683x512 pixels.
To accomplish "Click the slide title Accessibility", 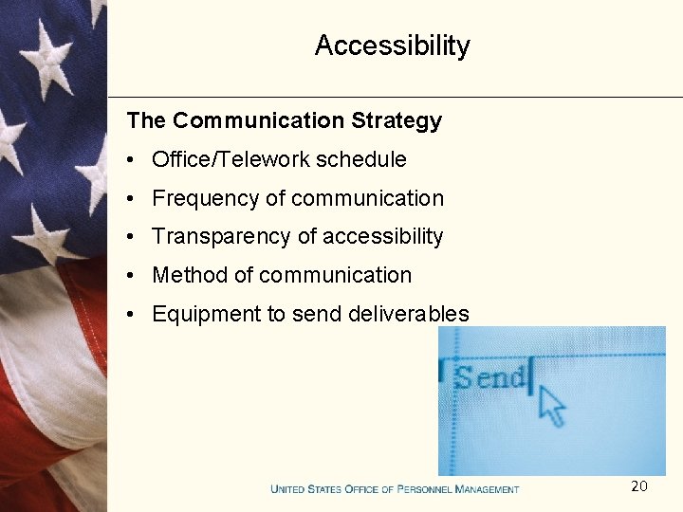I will coord(392,46).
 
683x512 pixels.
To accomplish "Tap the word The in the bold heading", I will coord(146,121).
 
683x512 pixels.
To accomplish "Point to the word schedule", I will coord(361,160).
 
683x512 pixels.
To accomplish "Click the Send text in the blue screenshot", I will coord(489,377).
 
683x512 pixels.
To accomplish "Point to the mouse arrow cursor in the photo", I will coord(549,405).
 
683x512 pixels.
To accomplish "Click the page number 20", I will coord(639,486).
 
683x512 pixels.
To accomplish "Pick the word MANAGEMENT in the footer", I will coord(488,489).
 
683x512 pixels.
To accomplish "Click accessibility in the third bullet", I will coord(384,237).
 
